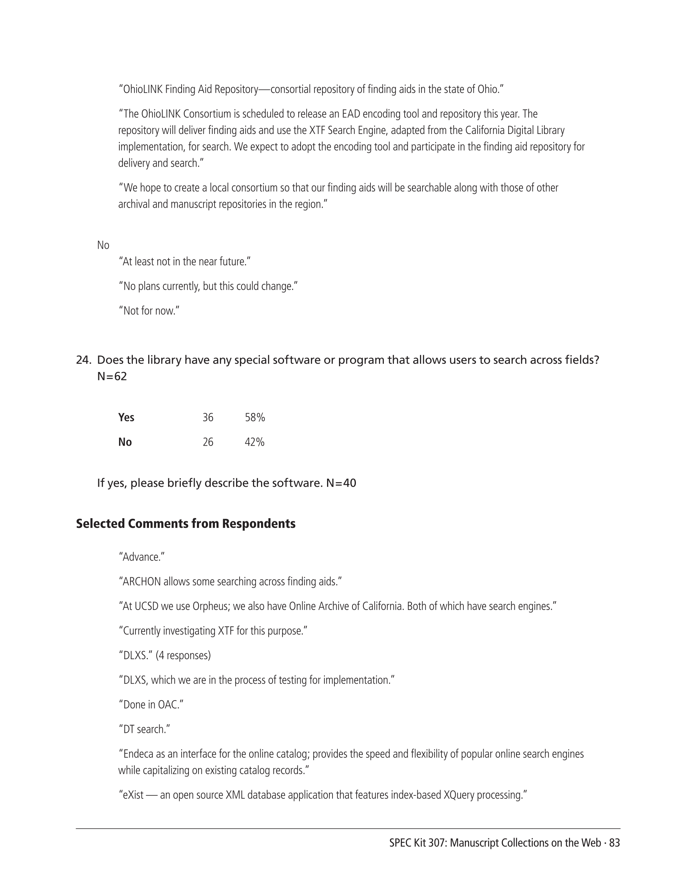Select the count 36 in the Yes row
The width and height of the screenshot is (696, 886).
208,417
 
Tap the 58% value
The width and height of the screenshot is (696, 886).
255,417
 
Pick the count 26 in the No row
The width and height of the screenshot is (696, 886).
208,442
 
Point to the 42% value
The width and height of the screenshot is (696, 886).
254,442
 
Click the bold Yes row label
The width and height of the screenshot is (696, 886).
126,417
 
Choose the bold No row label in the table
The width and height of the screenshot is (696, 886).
125,442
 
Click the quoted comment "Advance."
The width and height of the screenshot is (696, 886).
141,557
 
